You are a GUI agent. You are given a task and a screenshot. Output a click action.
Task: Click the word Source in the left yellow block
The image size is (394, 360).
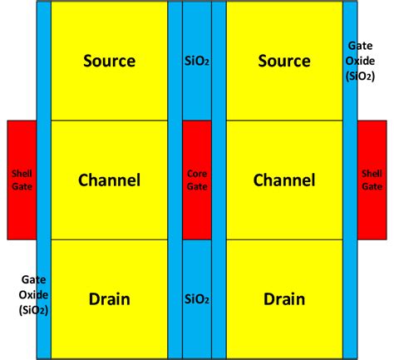coord(110,61)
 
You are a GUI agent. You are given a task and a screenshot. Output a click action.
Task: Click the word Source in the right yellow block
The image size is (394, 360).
coord(284,61)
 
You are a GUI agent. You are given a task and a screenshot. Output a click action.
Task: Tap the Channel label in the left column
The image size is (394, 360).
coord(110,180)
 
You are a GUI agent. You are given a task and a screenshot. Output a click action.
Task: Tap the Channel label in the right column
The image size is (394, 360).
coord(284,180)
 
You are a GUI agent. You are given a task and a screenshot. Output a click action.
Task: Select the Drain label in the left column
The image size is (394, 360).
coord(110,299)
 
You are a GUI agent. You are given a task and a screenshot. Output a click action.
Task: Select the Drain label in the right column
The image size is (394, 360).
coord(284,299)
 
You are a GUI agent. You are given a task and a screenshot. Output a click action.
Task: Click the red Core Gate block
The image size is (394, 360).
coord(197,180)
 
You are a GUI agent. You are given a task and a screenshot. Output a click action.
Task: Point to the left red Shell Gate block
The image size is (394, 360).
coord(22,180)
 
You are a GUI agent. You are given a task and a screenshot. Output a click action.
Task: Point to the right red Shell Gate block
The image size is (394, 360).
coord(372,180)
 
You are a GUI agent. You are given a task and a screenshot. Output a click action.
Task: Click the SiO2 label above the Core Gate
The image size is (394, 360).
coord(197,61)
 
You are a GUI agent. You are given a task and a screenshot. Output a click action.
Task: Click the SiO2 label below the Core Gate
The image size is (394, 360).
coord(197,299)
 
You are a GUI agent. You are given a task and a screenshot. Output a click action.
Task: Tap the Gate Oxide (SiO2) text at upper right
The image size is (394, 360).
coord(360,61)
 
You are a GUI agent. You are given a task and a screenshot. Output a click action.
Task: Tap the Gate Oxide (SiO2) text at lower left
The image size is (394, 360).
coord(33,294)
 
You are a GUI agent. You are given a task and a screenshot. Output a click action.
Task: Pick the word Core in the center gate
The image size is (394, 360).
coord(197,174)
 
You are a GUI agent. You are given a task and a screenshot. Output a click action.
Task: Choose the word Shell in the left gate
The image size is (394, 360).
coord(22,174)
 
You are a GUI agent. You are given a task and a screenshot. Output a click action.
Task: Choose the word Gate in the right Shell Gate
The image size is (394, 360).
coord(372,186)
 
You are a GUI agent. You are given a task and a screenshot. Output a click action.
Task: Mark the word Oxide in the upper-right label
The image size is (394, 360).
coord(360,61)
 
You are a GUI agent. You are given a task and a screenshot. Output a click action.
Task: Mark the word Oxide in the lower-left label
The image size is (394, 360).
coord(33,294)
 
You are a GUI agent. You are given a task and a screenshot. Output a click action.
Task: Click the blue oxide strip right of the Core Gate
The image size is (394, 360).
coord(219,180)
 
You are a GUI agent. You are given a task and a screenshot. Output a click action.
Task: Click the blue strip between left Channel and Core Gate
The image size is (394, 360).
coord(175,180)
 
